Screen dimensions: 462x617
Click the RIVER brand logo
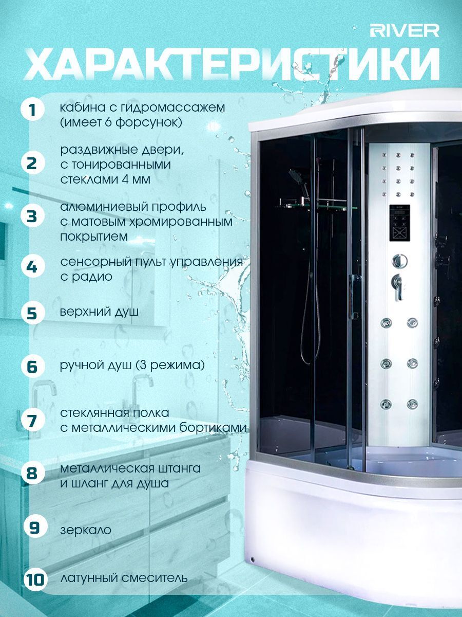[x=404, y=31]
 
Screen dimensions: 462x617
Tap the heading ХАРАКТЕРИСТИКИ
[x=232, y=64]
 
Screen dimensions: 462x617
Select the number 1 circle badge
[x=33, y=110]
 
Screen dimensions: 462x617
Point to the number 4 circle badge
[x=33, y=266]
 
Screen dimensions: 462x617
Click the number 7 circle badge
[x=33, y=421]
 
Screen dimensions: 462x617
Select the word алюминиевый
[x=104, y=207]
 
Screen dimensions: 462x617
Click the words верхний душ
[x=99, y=312]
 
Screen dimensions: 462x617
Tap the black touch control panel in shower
[x=399, y=223]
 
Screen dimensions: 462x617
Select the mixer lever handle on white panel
[x=398, y=287]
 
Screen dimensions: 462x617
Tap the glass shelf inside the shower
[x=316, y=207]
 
